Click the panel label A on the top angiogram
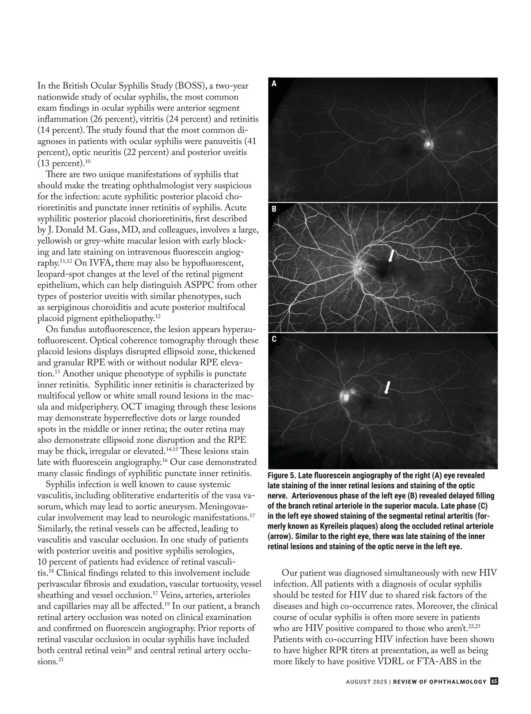click(x=274, y=84)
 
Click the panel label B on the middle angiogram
click(x=274, y=209)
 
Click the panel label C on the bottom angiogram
click(x=274, y=340)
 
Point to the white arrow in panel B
click(x=391, y=256)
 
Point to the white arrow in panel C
click(x=387, y=387)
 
